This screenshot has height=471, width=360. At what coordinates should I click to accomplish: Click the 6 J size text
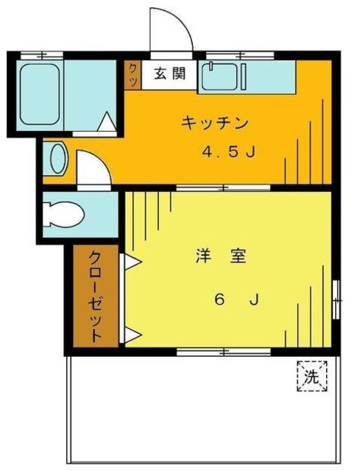click(x=236, y=300)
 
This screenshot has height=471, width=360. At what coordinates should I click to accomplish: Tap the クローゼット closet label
click(x=96, y=295)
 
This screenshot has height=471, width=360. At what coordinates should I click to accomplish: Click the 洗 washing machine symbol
click(x=311, y=378)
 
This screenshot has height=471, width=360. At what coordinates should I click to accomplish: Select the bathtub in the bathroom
click(x=40, y=94)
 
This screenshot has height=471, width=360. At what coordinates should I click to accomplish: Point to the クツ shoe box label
click(x=133, y=74)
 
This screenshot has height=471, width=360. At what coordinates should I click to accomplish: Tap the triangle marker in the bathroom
click(x=107, y=122)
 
